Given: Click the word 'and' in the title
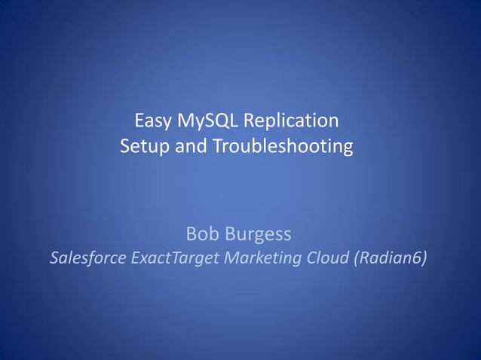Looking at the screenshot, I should click(189, 145).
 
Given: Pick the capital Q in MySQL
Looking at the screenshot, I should click(216, 121).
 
